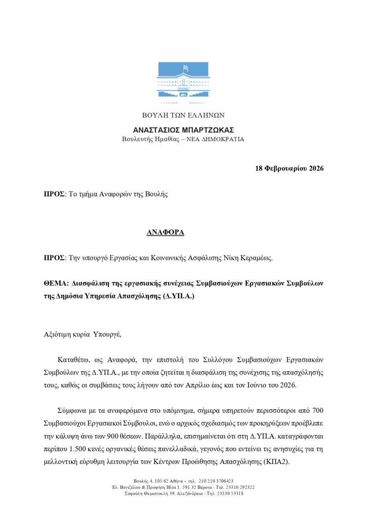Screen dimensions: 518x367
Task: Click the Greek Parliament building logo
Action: coord(183,81)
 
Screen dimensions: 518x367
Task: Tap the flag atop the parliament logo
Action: coord(185,67)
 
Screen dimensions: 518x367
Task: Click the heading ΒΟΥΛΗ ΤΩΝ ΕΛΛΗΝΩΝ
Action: coord(183,115)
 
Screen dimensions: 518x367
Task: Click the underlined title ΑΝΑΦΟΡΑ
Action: coord(166,233)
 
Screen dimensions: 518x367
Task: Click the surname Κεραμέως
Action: coord(256,258)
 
